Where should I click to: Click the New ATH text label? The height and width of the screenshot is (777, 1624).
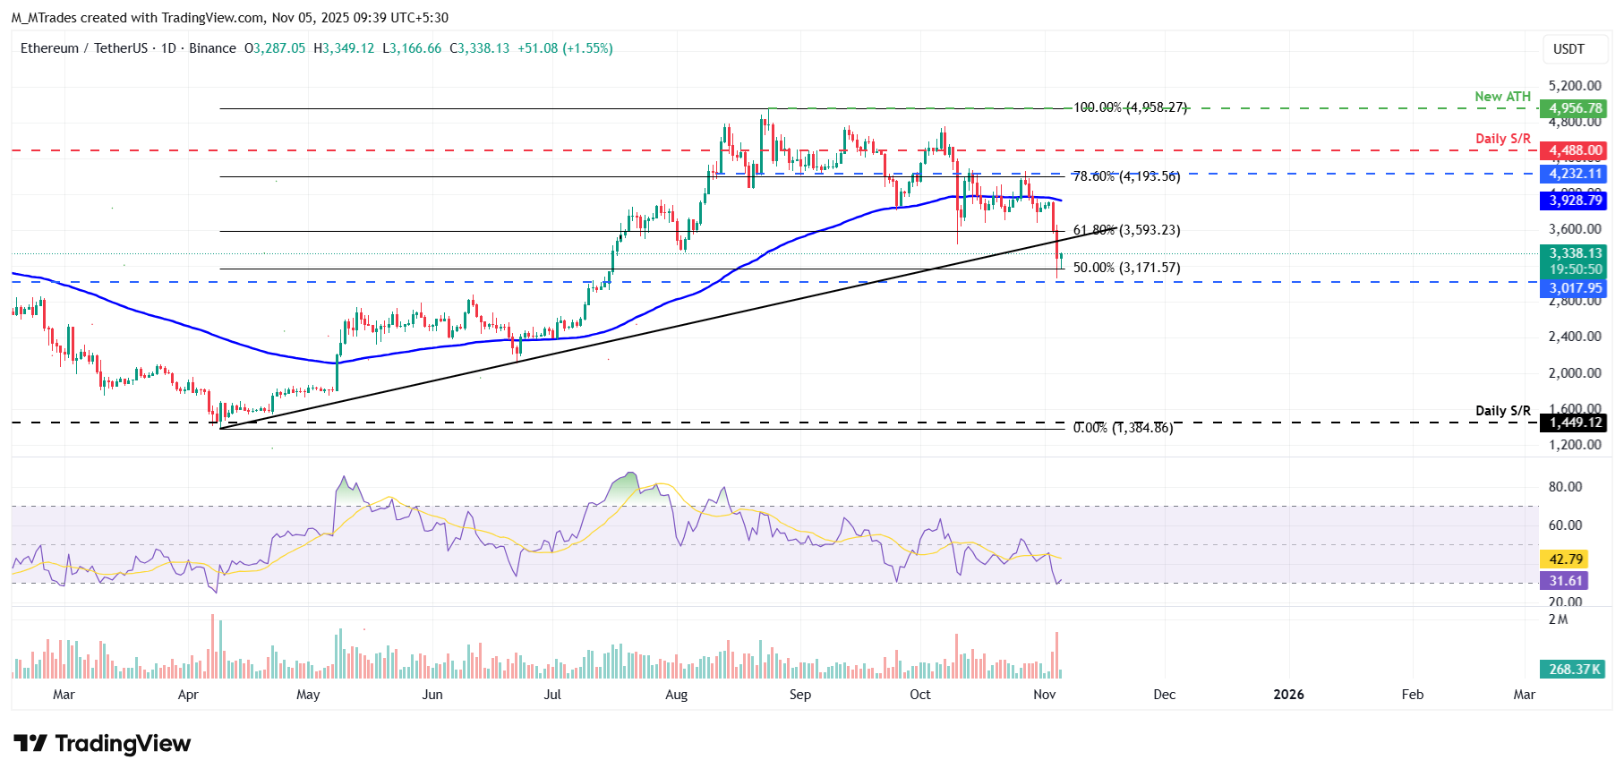(x=1502, y=97)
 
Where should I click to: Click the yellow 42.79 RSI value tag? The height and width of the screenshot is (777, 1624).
(x=1565, y=559)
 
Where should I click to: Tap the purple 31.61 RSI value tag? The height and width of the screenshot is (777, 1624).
(x=1565, y=581)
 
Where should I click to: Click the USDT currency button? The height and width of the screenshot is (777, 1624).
(x=1568, y=49)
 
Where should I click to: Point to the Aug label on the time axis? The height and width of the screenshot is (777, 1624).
(x=676, y=695)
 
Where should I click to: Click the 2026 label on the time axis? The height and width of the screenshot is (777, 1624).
(x=1288, y=695)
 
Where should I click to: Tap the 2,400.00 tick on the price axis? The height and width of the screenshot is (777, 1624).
(x=1574, y=337)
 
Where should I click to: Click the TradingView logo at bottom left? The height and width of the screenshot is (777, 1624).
(x=102, y=744)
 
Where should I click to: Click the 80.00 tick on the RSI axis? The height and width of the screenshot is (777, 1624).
(x=1565, y=487)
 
